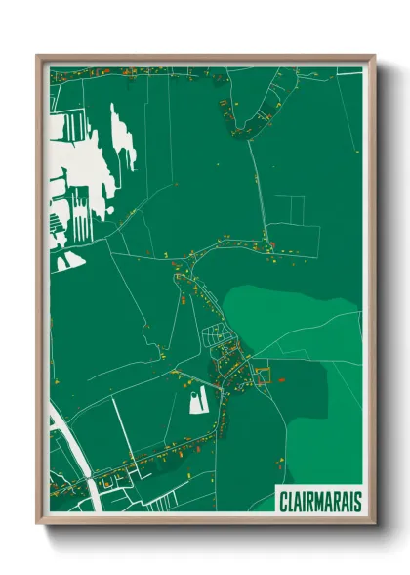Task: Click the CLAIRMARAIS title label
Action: pyautogui.click(x=319, y=499)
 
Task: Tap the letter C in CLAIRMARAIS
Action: pyautogui.click(x=283, y=500)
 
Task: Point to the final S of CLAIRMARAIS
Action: pyautogui.click(x=357, y=500)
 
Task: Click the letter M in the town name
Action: pyautogui.click(x=316, y=500)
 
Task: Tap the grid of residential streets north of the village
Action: pyautogui.click(x=217, y=338)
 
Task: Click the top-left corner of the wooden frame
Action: pyautogui.click(x=38, y=56)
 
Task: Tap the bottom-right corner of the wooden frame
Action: pyautogui.click(x=374, y=522)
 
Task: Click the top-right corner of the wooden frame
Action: pyautogui.click(x=374, y=56)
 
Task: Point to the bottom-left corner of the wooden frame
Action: pyautogui.click(x=38, y=522)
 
